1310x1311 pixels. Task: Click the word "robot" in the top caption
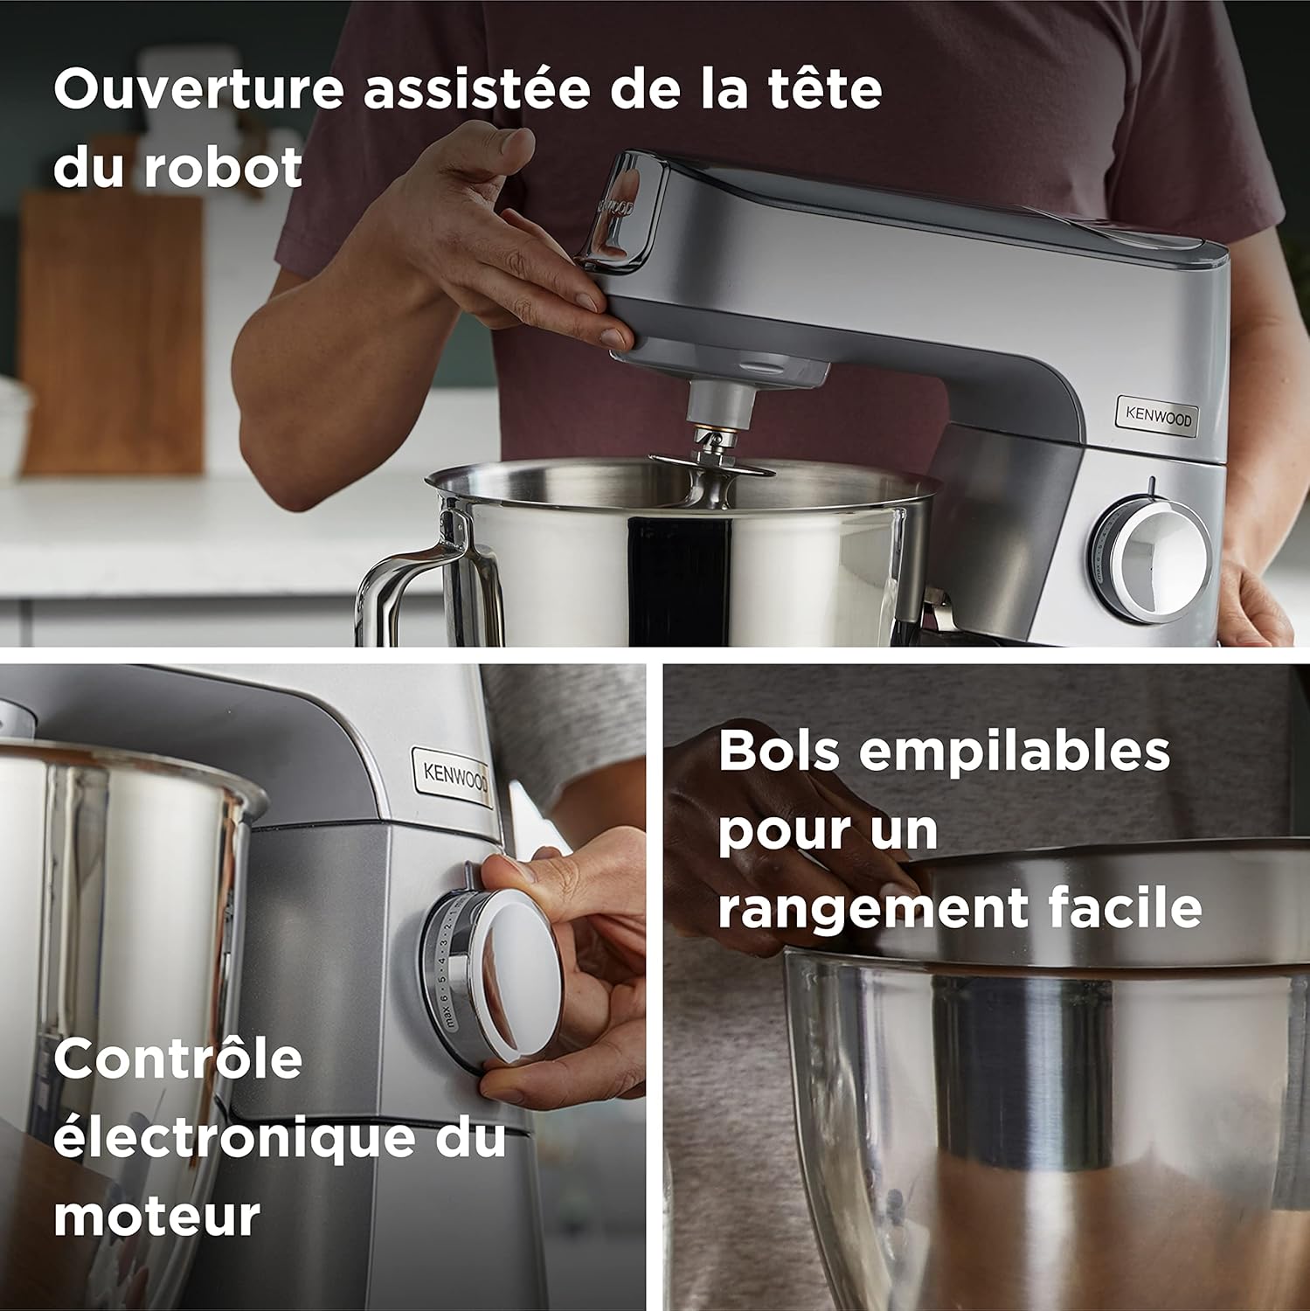[x=223, y=168]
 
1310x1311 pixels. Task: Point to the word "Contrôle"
[x=177, y=1059]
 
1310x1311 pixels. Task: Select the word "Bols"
[x=779, y=751]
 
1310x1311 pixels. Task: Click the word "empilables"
[x=1015, y=751]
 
